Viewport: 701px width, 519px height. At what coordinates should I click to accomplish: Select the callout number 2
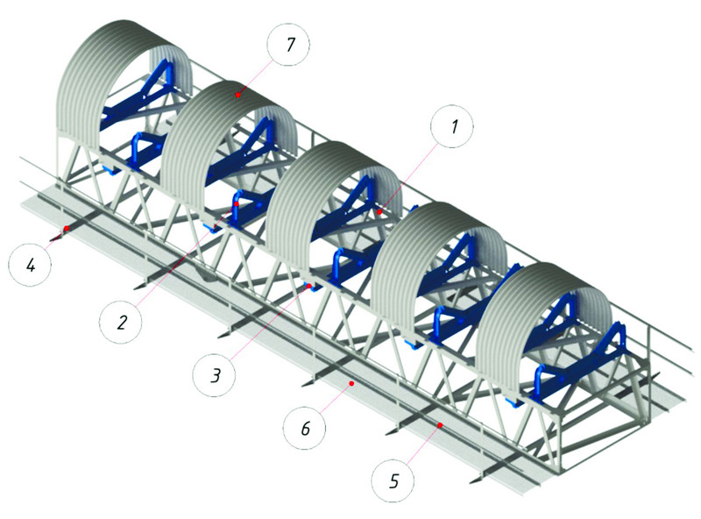[122, 322]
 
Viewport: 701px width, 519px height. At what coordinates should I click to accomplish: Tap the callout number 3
[216, 376]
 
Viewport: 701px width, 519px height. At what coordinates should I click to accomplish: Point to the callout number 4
[31, 266]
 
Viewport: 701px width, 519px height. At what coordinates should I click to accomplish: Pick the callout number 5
[393, 481]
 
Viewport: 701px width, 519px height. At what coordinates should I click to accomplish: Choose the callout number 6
[305, 429]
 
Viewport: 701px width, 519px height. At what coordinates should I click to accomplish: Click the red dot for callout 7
[238, 95]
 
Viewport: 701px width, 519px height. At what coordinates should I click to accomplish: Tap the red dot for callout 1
[379, 212]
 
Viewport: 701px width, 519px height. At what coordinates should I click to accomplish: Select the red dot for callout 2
[237, 203]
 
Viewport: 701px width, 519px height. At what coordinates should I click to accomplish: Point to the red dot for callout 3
[308, 286]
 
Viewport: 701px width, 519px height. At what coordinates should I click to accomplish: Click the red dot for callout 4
[67, 228]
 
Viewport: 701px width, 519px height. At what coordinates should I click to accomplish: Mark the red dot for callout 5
[440, 425]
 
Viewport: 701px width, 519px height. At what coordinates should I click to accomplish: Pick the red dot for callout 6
[352, 383]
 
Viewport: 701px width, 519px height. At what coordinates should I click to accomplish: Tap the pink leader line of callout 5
[422, 444]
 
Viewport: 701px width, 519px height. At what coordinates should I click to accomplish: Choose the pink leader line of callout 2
[187, 254]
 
